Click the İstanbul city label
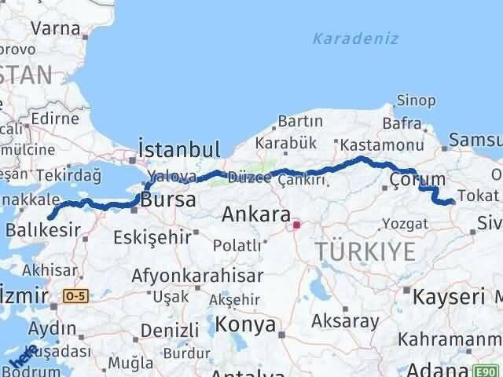(x=178, y=149)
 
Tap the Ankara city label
(x=255, y=213)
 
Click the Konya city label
(x=247, y=324)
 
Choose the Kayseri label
(x=449, y=297)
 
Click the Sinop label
(x=416, y=100)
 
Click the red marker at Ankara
(x=296, y=225)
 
